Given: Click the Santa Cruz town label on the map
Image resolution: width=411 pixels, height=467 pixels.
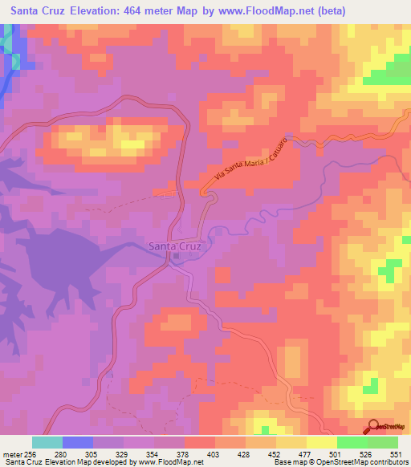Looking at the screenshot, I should coord(176,246).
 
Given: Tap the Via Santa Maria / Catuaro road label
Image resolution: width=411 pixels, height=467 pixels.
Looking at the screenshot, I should coord(250,164).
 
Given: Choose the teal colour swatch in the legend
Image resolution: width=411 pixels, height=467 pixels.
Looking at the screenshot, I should coord(47,442).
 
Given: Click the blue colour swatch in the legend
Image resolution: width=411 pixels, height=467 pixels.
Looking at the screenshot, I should coord(78,442).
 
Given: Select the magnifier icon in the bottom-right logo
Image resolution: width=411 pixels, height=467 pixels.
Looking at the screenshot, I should coord(372,425).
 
